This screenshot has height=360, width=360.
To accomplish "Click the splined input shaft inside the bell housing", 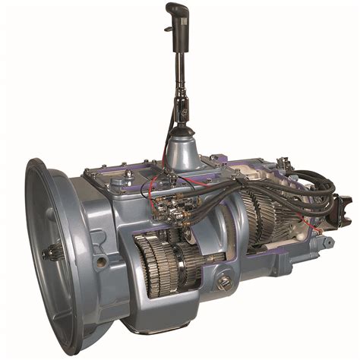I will (x=54, y=251).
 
